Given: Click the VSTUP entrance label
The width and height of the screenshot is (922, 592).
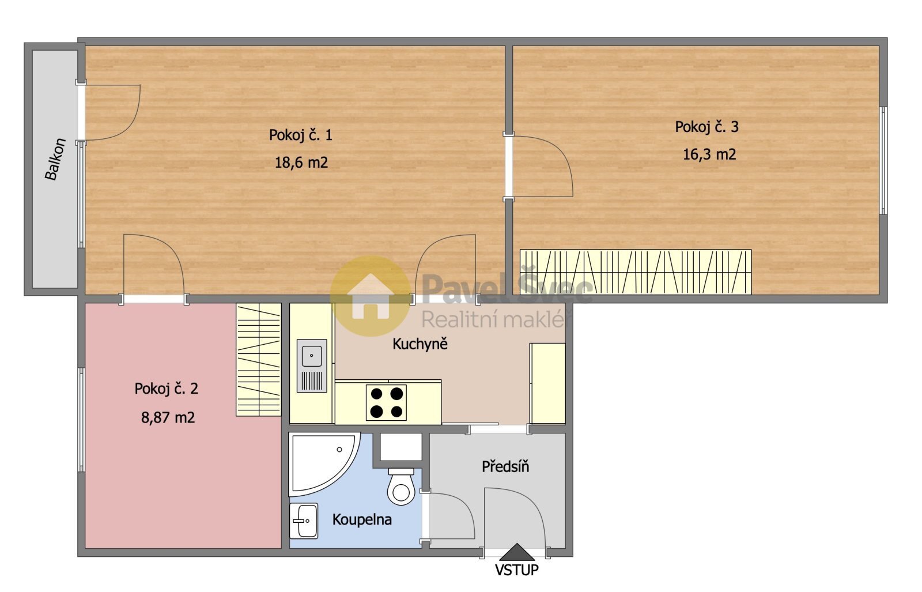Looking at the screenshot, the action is tap(516, 570).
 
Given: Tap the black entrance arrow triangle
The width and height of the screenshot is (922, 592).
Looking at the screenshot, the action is tap(517, 552).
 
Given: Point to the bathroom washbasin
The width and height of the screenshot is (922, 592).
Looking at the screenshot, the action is tap(304, 521).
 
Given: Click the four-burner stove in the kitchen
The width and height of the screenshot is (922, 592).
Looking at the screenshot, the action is tap(386, 402).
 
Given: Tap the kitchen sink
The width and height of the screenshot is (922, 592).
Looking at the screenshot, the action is tap(312, 365).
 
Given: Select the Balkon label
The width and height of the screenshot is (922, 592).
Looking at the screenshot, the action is tap(55, 159).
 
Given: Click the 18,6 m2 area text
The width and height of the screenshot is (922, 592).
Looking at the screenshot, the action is tap(301, 163).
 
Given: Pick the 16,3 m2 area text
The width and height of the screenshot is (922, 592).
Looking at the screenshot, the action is tap(709, 154).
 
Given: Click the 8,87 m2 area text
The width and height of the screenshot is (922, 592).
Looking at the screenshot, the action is tap(168, 418).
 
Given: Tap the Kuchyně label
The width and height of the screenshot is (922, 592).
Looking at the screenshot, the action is tap(420, 344).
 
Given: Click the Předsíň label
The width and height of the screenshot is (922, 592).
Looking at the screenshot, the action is tap(505, 466).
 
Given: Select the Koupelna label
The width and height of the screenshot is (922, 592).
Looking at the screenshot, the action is tap(362, 520).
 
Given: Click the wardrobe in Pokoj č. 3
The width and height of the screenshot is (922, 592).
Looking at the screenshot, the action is tap(636, 272).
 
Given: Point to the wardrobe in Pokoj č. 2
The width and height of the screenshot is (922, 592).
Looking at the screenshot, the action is tap(259, 359).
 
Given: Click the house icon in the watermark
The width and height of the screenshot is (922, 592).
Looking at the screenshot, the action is tap(371, 296).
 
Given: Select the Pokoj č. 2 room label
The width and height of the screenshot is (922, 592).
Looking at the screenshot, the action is tap(167, 389).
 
